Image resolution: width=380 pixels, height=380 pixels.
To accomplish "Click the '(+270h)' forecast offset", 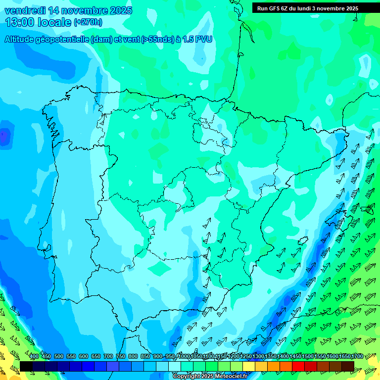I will tap(88, 22).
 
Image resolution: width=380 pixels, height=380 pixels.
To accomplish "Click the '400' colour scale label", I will tap(34, 356).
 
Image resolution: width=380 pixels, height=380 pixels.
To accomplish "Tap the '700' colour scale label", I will tap(108, 356).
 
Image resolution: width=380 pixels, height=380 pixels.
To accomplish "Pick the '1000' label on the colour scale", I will tap(184, 356).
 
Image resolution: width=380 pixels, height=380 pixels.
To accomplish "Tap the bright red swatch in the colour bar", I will tap(298, 366).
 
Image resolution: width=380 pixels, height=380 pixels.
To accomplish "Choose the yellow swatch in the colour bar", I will tap(249, 366).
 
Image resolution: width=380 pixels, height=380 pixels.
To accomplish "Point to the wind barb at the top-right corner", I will tap(355, 17).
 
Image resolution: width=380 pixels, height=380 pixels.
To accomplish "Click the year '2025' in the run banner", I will tap(352, 8).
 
